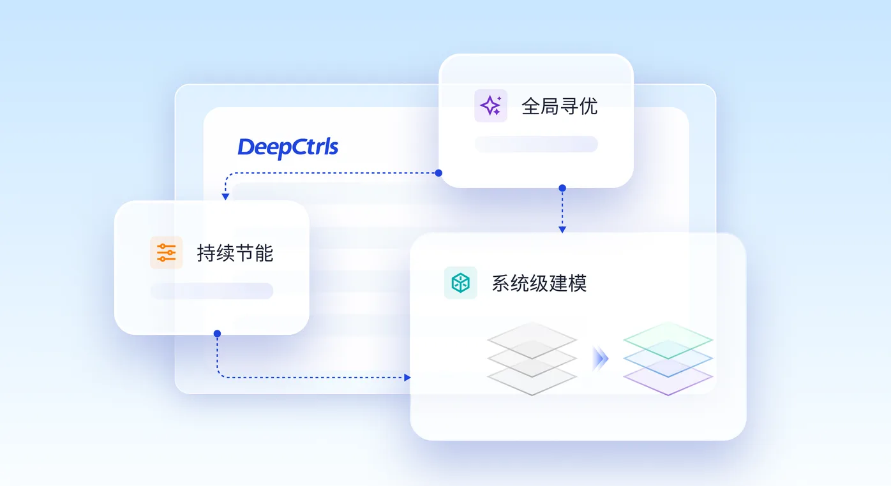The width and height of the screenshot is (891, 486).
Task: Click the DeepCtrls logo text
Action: (288, 148)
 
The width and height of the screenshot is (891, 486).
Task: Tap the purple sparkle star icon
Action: (490, 106)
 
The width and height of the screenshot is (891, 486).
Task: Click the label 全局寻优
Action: (559, 107)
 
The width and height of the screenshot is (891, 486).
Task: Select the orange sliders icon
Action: (167, 253)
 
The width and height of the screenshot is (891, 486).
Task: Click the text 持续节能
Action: (235, 253)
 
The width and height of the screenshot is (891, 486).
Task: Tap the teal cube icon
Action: (461, 283)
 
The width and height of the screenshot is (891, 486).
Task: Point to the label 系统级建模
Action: (539, 283)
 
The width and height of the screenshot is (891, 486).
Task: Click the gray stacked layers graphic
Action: (532, 359)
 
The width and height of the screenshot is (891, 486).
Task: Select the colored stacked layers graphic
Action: (668, 359)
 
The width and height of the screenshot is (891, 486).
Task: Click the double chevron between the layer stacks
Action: (600, 359)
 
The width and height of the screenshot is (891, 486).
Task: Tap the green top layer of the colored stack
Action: (668, 340)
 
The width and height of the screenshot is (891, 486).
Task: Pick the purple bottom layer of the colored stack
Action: (668, 378)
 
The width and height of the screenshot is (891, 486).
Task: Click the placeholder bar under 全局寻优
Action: (536, 144)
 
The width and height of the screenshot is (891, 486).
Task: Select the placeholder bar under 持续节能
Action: (212, 291)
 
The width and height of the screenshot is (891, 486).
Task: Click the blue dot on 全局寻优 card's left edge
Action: (438, 173)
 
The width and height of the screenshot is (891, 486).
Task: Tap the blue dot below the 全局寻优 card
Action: (562, 188)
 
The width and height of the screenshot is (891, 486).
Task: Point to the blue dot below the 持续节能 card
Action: (217, 334)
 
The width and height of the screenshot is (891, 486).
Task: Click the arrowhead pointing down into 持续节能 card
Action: (225, 196)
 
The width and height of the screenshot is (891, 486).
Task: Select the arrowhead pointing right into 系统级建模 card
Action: (407, 377)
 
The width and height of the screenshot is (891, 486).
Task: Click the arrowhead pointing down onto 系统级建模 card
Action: (562, 230)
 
